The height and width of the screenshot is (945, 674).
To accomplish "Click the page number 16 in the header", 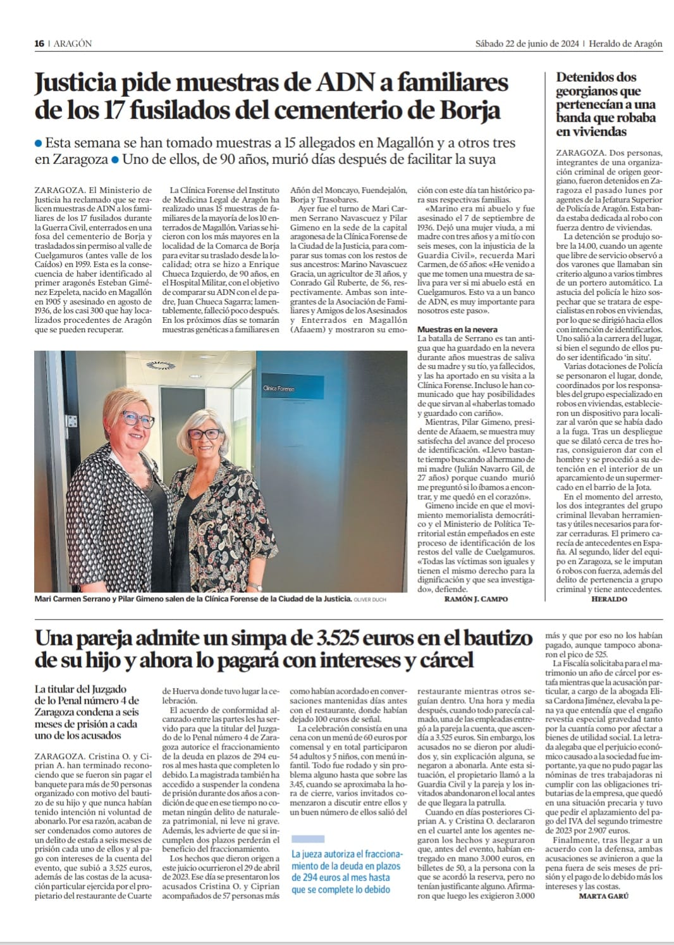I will (39, 44).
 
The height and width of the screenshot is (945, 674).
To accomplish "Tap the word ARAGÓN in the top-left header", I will (73, 44).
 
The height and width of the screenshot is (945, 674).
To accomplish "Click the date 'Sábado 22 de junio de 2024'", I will (527, 44).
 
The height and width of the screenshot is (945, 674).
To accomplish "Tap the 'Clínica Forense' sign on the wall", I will (278, 388).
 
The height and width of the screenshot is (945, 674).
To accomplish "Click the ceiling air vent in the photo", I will (159, 365).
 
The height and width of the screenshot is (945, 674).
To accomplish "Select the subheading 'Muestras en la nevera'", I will (457, 330).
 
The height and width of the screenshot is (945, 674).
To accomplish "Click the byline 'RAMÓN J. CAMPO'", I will (476, 599).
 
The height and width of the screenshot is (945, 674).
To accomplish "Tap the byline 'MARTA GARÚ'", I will (604, 896).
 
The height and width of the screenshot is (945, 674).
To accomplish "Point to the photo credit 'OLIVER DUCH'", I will (370, 599).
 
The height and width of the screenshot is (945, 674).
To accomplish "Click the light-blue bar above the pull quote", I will (307, 839).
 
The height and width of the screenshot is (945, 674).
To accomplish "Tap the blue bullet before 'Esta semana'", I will (39, 144).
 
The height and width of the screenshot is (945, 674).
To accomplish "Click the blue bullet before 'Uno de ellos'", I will (115, 160).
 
